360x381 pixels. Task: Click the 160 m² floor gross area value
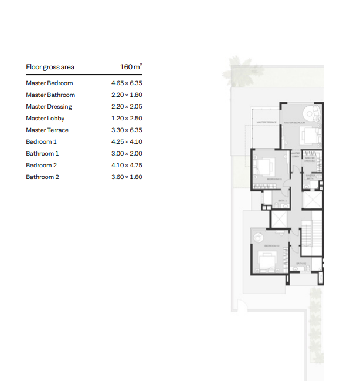pos(131,67)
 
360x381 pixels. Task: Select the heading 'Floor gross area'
pos(50,67)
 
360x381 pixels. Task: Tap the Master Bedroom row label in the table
pos(49,83)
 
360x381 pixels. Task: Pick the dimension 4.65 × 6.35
pos(127,83)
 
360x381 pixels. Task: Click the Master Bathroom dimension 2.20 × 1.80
pos(127,95)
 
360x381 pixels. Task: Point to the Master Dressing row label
pos(49,107)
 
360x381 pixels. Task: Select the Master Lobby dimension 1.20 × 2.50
pos(127,119)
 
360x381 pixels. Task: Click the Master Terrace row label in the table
pos(47,130)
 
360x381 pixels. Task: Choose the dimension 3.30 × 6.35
pos(127,130)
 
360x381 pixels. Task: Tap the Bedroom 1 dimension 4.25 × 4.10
pos(127,142)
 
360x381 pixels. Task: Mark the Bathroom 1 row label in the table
pos(42,154)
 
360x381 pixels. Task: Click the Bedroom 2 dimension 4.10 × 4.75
pos(127,166)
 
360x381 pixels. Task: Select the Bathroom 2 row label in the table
pos(42,177)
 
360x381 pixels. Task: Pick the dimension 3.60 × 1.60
pos(127,177)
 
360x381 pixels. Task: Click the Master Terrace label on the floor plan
pos(267,122)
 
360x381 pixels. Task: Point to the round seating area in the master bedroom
pos(309,113)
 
